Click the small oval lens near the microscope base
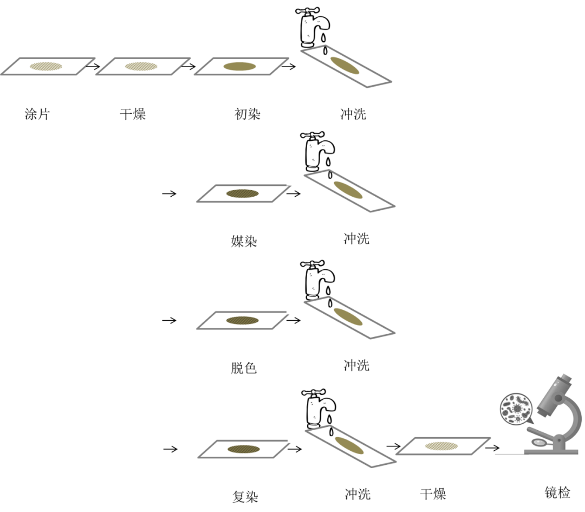coord(538,442)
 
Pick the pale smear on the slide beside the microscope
coord(441,446)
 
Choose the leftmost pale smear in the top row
coord(46,66)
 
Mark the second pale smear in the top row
coord(141,66)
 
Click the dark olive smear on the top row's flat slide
coord(239,67)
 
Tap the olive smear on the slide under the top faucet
coord(345,65)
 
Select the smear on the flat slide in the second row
coord(242,193)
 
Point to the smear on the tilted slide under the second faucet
coord(348,190)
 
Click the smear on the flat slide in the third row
coord(242,320)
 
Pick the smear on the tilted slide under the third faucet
coord(348,317)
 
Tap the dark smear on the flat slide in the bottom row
coord(243,449)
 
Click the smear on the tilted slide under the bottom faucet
coord(349,445)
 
